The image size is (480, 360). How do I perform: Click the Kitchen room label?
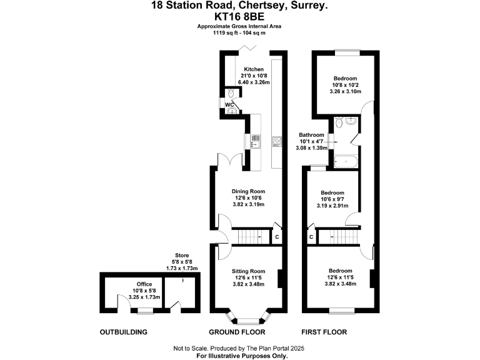(x=254, y=69)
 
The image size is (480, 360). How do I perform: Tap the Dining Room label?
(x=248, y=191)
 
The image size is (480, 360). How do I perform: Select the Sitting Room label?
(x=248, y=271)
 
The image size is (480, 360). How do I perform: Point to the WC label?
(x=229, y=105)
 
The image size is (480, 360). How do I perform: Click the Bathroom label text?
(x=311, y=135)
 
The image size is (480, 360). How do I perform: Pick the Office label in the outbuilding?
(x=144, y=284)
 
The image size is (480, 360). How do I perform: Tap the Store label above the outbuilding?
(x=182, y=255)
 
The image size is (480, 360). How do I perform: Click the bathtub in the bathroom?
(x=346, y=161)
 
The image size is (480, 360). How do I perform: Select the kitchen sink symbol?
(x=255, y=141)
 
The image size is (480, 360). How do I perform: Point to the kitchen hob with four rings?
(x=277, y=141)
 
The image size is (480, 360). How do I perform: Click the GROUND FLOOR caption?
(x=237, y=332)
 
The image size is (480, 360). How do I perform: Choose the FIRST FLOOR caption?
(x=324, y=332)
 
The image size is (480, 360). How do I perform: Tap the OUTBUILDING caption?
(x=123, y=332)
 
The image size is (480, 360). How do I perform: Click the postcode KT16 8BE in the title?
(x=239, y=16)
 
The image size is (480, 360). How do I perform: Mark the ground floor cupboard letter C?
(x=277, y=237)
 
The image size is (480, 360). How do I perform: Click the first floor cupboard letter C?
(x=311, y=237)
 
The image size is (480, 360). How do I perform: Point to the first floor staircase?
(x=338, y=237)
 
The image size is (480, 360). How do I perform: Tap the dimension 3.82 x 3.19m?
(x=248, y=204)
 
